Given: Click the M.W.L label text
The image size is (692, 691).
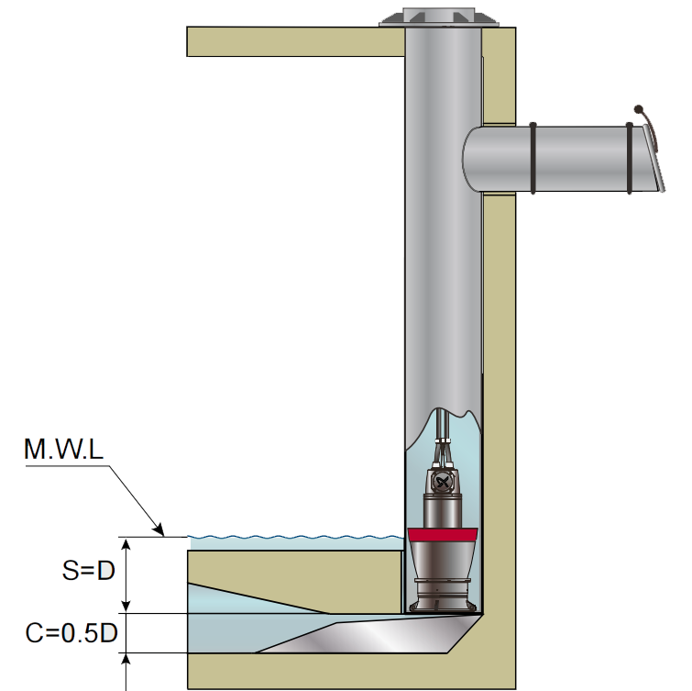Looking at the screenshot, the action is coord(63,449).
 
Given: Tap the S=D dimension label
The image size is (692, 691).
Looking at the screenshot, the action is coord(89,570).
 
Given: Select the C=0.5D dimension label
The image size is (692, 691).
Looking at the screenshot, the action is coord(71,632).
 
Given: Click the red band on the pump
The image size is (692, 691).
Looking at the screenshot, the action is coord(442,535).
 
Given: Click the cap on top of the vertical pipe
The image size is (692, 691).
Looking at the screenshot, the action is coord(439,17).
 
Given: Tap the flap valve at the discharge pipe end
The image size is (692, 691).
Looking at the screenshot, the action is coord(654,157).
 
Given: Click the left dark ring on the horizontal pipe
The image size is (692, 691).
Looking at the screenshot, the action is coord(533,158).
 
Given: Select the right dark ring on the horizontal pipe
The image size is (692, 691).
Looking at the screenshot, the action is coord(630,158).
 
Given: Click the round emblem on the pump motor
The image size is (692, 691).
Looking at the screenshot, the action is coord(442,481).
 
